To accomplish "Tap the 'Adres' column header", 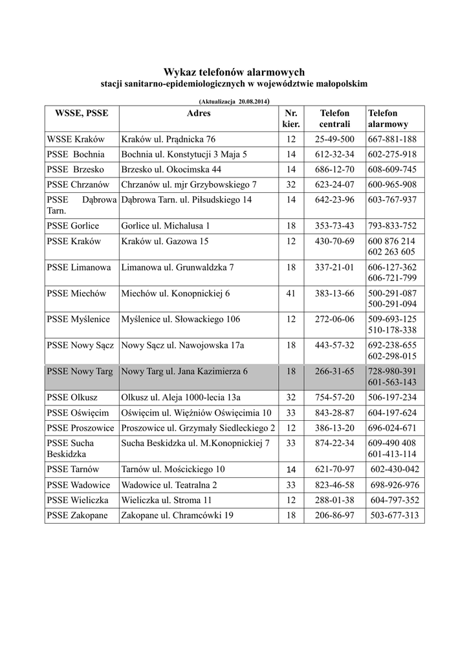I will click(x=198, y=113).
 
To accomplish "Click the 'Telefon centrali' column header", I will click(x=334, y=118).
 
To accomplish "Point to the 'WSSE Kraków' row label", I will click(x=76, y=139).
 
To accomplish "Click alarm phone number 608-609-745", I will click(x=392, y=170).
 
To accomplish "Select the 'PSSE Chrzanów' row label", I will click(x=80, y=185).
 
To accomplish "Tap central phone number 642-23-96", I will click(x=334, y=199).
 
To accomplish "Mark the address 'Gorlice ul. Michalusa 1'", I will click(x=166, y=226).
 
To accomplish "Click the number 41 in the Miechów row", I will click(x=290, y=293).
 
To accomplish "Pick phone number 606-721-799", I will click(x=392, y=277).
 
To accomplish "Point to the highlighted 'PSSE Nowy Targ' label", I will click(x=80, y=372).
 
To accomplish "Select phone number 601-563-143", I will click(x=392, y=382).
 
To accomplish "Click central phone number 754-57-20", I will click(x=334, y=397).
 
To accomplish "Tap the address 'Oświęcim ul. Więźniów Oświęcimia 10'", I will click(x=196, y=412).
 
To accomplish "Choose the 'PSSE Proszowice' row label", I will click(x=81, y=428).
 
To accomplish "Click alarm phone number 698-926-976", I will click(x=395, y=485).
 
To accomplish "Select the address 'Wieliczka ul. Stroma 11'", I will click(x=166, y=500).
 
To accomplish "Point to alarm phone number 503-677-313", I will click(x=395, y=515).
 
